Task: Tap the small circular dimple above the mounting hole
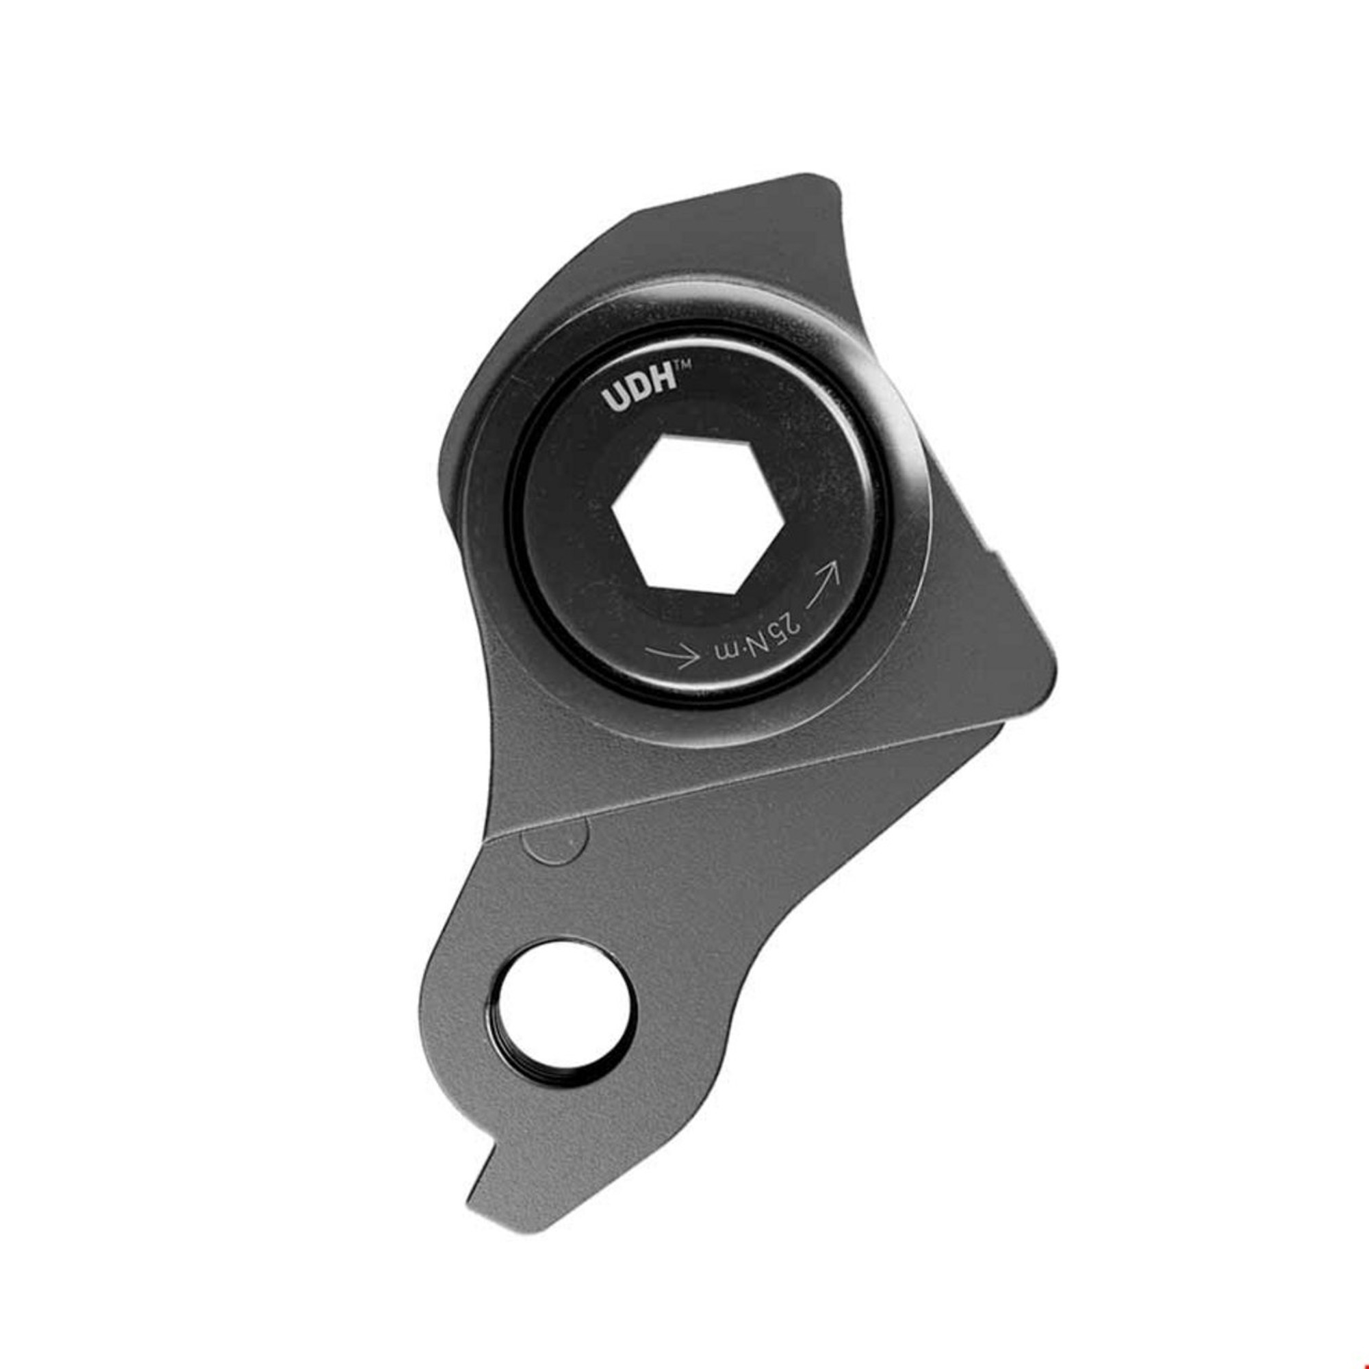click(x=554, y=841)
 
